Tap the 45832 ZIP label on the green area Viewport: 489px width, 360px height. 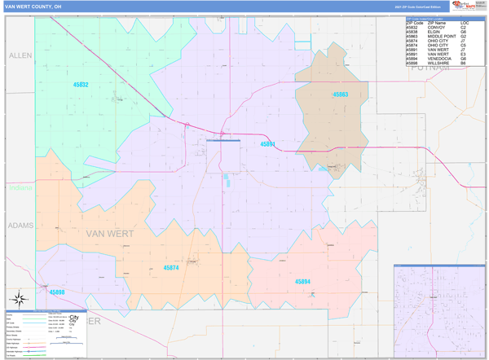coord(80,85)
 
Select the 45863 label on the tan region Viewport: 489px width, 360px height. coord(340,95)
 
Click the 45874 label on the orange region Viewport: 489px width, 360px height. coord(171,267)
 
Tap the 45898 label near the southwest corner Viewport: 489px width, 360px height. coord(57,291)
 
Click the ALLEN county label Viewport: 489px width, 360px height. coord(20,55)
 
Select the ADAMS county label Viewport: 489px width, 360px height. coord(19,224)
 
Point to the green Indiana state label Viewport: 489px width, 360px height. coord(20,188)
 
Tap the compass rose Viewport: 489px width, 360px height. coord(20,298)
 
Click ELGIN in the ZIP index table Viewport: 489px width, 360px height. coord(433,32)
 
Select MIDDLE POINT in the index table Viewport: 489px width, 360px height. coord(441,37)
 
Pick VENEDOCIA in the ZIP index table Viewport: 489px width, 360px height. coord(440,59)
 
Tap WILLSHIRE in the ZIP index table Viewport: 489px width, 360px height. coord(439,63)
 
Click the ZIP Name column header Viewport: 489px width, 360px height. coord(437,23)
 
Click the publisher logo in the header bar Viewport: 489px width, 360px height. coord(464,7)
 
